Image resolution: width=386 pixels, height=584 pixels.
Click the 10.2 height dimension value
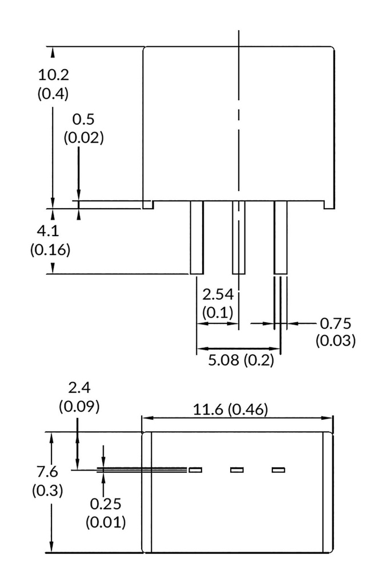[54, 75]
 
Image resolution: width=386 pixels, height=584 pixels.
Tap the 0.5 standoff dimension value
[83, 120]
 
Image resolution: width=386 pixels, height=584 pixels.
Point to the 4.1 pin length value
[48, 232]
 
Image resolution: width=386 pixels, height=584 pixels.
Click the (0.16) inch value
[50, 250]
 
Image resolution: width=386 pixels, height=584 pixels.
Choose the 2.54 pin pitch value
[218, 295]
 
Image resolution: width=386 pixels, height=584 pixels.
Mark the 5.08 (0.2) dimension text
[240, 360]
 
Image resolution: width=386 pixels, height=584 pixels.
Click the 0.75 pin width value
[336, 324]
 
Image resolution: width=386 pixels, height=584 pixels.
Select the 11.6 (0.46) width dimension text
[230, 409]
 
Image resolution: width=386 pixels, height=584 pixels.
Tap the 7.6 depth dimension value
[47, 472]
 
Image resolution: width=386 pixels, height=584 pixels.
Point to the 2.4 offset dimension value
[79, 388]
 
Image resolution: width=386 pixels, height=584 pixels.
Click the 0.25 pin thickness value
[106, 504]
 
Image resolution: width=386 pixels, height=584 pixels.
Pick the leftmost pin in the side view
[197, 238]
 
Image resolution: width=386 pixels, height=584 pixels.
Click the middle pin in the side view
[239, 238]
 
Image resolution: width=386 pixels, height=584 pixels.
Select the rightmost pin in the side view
[280, 238]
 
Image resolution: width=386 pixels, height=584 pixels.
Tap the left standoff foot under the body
[148, 205]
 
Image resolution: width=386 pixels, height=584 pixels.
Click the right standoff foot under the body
[329, 205]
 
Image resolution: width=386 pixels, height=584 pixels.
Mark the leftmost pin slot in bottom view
[195, 470]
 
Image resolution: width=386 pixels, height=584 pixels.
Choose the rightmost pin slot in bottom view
[278, 470]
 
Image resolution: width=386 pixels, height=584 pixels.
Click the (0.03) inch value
[336, 341]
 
